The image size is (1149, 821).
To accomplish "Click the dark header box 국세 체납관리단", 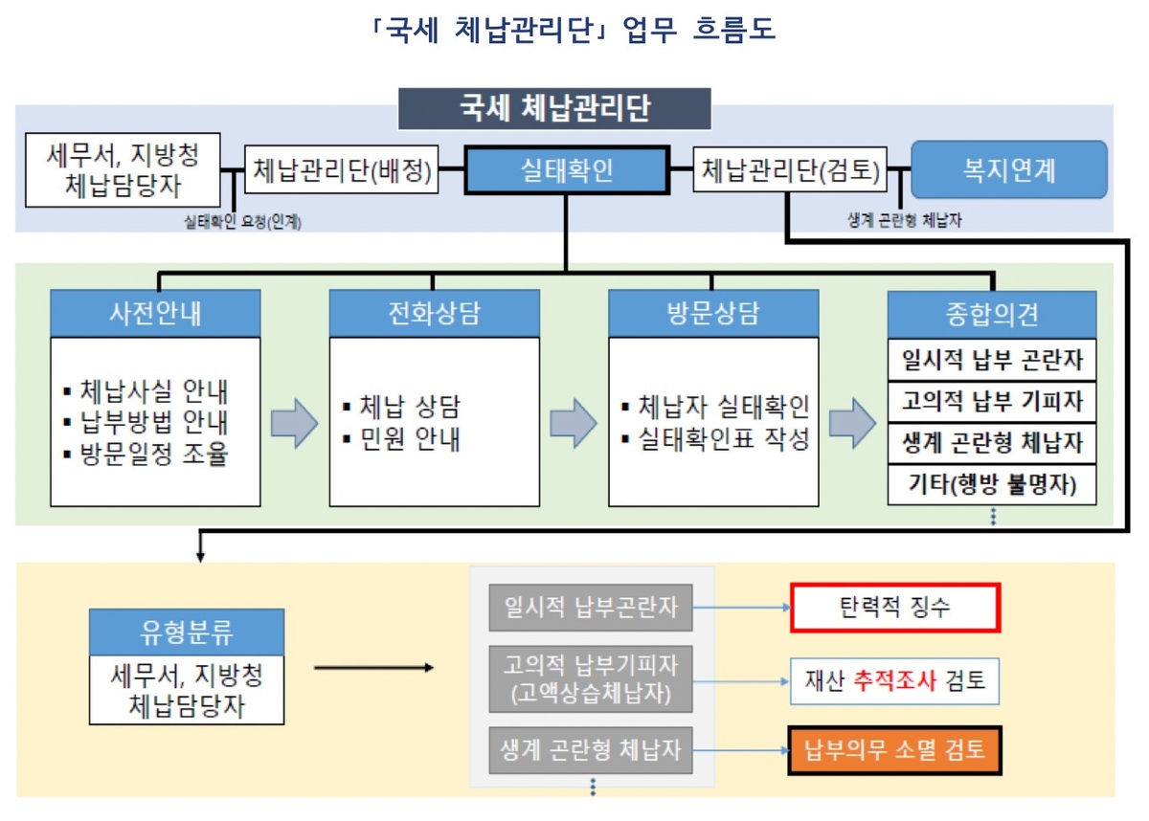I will (554, 108).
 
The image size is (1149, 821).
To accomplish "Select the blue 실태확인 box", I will (566, 170).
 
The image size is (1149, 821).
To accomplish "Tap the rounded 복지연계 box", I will (1008, 169).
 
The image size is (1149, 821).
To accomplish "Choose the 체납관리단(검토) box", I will (789, 170).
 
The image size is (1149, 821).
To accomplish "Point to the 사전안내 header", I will (155, 313).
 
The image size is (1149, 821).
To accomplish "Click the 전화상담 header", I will (434, 313).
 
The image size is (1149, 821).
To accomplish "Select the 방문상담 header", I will (712, 313).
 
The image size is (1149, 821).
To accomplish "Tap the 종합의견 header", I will (992, 314).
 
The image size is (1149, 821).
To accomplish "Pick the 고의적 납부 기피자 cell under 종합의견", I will (992, 401).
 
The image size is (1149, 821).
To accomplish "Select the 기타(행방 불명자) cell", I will (992, 484).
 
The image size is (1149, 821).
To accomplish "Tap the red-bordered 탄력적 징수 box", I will (895, 608).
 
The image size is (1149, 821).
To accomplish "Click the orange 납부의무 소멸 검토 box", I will (895, 749).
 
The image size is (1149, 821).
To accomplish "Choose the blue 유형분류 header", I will (187, 632).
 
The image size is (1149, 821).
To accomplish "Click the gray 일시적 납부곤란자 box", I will (591, 608).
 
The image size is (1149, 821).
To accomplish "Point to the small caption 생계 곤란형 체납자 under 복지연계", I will (905, 220).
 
